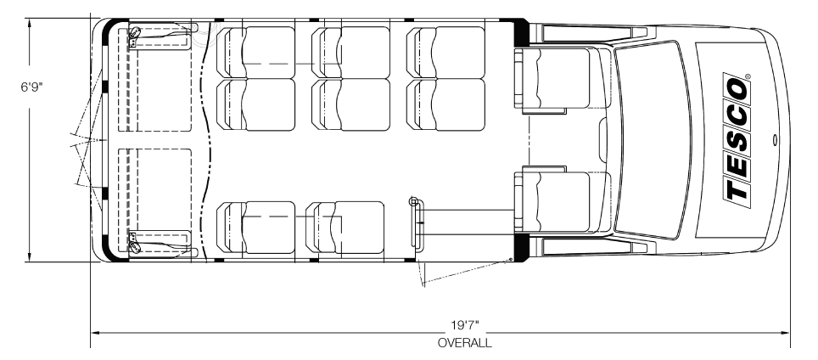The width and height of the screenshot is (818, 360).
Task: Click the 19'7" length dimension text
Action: tap(464, 326)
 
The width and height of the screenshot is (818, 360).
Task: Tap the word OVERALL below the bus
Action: tap(464, 343)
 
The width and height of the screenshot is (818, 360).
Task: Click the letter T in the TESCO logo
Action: tap(737, 192)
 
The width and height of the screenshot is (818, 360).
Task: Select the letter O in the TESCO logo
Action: tap(736, 88)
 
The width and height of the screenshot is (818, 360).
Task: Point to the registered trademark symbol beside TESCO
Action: tap(748, 76)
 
